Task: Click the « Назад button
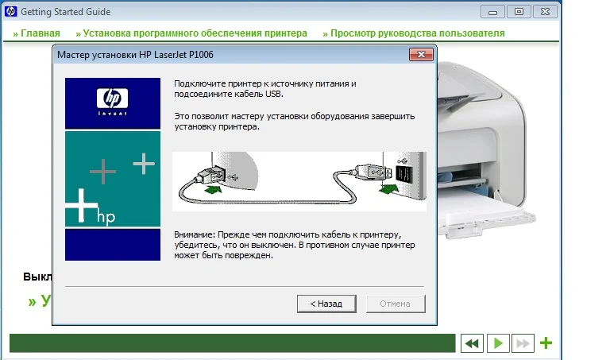[x=326, y=304]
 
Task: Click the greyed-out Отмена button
[x=396, y=304]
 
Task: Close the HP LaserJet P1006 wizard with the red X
[x=421, y=55]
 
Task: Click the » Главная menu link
[x=37, y=33]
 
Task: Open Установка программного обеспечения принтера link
[x=191, y=33]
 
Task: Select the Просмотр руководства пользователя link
[x=414, y=33]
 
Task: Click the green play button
[x=498, y=343]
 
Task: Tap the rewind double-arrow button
[x=472, y=343]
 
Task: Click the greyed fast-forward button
[x=523, y=343]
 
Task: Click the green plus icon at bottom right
[x=546, y=343]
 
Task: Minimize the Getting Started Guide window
[x=492, y=12]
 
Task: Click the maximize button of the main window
[x=519, y=12]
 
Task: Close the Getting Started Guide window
[x=545, y=12]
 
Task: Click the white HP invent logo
[x=113, y=102]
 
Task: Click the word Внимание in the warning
[x=194, y=234]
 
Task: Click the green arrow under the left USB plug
[x=213, y=189]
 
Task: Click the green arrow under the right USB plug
[x=388, y=189]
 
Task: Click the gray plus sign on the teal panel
[x=102, y=171]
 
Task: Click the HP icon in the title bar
[x=10, y=12]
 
